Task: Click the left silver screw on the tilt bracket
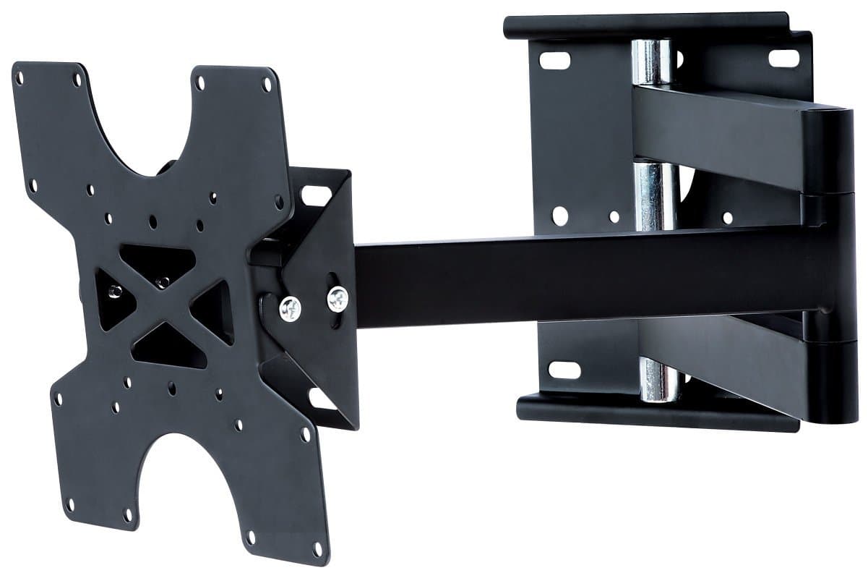click(291, 308)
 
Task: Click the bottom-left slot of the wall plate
click(564, 370)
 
